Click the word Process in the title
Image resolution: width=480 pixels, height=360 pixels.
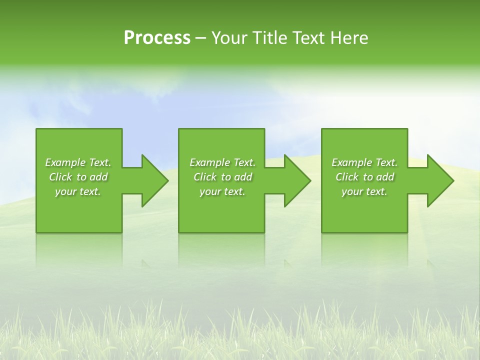[157, 38]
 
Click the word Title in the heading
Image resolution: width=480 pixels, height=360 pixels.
[269, 38]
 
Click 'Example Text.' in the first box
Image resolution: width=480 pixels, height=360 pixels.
[78, 162]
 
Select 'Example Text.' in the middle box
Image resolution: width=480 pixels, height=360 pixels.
[222, 162]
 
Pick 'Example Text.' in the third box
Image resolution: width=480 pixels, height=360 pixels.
[364, 162]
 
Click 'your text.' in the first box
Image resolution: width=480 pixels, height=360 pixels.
[78, 191]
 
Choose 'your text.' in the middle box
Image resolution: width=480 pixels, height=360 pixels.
[222, 191]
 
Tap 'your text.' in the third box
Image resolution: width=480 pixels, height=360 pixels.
[364, 191]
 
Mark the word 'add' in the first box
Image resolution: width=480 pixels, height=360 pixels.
[98, 177]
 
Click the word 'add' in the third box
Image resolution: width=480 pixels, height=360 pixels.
[385, 177]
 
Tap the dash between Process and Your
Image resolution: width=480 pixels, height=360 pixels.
[201, 38]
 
